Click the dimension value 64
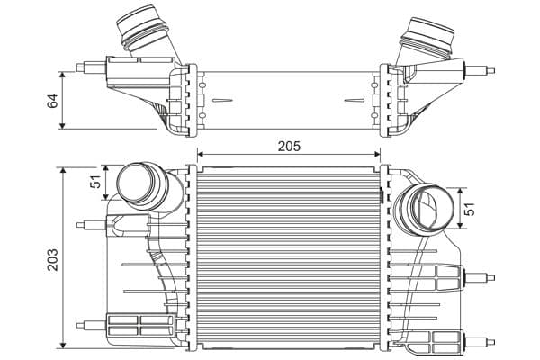pos(53,100)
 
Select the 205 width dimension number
pos(289,146)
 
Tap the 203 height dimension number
pos(53,259)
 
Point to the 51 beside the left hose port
pos(95,181)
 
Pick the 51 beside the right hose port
pos(470,209)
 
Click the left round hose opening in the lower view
pos(136,182)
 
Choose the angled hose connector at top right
pos(427,41)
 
